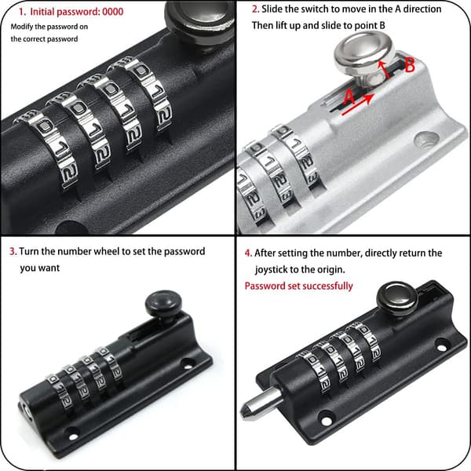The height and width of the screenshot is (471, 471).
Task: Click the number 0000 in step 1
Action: tap(112, 12)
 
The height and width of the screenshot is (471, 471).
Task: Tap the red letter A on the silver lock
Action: tap(349, 97)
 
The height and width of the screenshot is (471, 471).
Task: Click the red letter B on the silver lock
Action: tap(410, 65)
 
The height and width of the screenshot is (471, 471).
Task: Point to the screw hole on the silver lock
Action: tap(426, 140)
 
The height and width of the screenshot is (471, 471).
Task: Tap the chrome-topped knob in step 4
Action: tap(397, 301)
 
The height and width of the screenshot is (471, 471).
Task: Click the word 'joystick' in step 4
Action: tap(270, 269)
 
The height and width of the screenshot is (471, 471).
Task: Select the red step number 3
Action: tap(13, 251)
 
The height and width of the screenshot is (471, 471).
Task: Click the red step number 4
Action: tap(248, 254)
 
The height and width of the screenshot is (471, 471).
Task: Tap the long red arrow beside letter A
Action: tap(358, 104)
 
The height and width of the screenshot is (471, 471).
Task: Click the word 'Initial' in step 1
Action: tap(42, 12)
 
